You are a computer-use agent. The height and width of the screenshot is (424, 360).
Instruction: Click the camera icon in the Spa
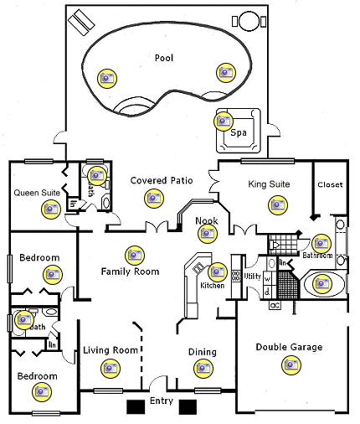pos(223,122)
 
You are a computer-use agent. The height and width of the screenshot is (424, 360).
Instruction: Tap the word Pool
pos(164,58)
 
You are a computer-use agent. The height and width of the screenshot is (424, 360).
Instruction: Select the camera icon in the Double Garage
pos(291,365)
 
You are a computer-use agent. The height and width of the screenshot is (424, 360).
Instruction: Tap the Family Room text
pos(130,271)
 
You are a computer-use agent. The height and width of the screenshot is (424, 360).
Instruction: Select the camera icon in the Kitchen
pos(217,271)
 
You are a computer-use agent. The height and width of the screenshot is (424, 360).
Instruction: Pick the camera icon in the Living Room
pos(109,367)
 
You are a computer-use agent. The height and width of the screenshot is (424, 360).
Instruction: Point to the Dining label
pos(202,352)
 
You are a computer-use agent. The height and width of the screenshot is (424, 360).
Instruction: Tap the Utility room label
pos(253,277)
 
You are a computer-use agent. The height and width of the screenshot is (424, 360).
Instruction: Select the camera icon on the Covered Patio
pos(152,199)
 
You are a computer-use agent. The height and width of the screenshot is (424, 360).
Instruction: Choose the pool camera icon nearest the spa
pos(224,72)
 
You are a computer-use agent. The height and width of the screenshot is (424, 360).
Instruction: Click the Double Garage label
pos(289,347)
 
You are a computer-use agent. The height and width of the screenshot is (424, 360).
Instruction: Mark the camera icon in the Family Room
pos(132,254)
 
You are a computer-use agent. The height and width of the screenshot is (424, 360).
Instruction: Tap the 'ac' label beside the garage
pos(274,306)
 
